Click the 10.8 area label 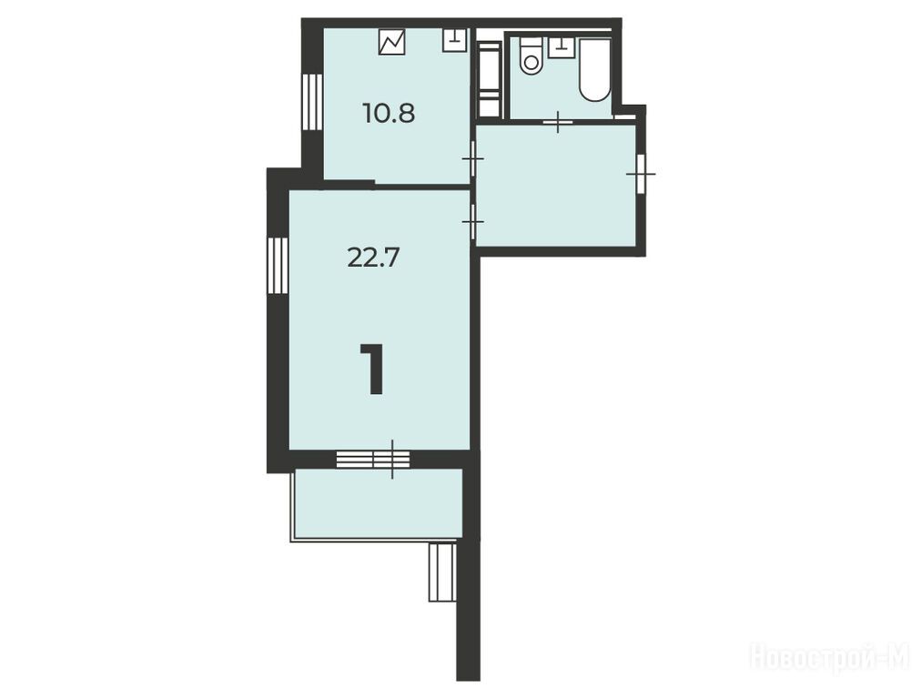click(389, 113)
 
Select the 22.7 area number click(373, 258)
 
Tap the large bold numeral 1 click(372, 369)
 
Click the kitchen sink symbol click(454, 41)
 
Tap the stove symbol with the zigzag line click(391, 42)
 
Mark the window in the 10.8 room click(312, 102)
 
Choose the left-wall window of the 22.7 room click(278, 265)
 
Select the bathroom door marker click(558, 122)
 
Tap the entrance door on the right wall click(641, 174)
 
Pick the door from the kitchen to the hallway click(472, 158)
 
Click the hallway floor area click(556, 186)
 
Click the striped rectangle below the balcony click(442, 572)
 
